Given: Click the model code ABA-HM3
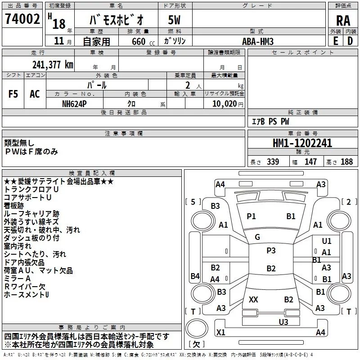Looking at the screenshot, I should pos(257,41).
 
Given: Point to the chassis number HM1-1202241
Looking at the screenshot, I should pos(302,143).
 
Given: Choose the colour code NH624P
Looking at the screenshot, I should pos(75,103).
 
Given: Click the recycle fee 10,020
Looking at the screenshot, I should pos(221,103).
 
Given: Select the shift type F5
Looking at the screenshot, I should pos(13,94).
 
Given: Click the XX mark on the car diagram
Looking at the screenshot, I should pos(253,300).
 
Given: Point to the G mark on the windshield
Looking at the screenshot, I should pos(257,237).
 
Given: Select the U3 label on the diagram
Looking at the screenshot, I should pos(283,322).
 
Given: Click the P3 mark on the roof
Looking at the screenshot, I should pos(271,251).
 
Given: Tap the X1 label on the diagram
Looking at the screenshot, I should pos(220,333).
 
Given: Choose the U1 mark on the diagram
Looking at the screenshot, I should pos(326,242).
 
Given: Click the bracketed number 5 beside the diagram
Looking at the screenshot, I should pos(193,202).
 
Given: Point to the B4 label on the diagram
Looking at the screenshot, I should pos(195,276).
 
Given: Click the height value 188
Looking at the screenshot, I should pos(346,162).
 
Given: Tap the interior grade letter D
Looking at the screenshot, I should pos(350,41).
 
